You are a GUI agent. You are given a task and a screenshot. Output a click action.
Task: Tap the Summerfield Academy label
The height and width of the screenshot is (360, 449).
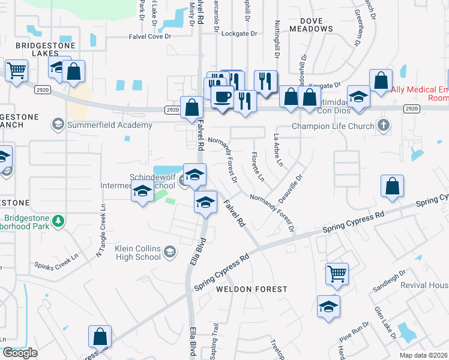(109, 125)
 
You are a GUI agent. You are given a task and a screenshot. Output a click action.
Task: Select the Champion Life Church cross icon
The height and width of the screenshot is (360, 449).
(384, 126)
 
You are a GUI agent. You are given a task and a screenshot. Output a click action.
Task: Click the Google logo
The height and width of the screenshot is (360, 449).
(20, 353)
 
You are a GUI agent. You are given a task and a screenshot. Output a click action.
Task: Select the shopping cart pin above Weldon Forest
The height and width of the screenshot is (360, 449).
(337, 274)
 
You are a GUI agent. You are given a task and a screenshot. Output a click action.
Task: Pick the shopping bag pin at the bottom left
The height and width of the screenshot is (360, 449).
(100, 337)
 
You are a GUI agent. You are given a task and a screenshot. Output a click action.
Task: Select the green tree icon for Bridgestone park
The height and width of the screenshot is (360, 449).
(58, 222)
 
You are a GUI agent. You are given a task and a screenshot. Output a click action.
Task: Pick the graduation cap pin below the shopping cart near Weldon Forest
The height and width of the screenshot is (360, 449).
(328, 307)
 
